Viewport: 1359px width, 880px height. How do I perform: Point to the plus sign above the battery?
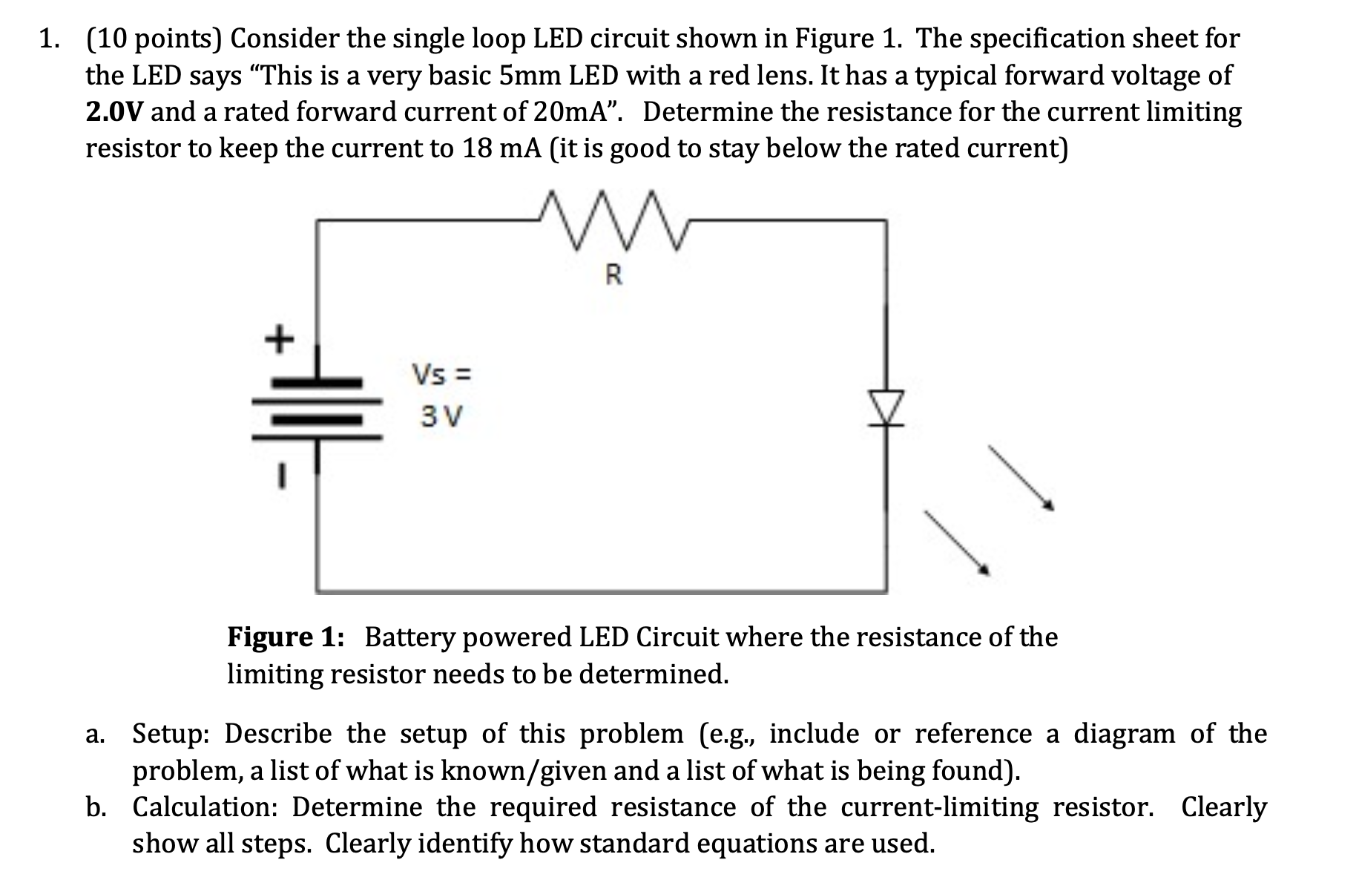click(x=279, y=341)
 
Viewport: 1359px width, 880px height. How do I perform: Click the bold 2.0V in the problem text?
click(x=115, y=112)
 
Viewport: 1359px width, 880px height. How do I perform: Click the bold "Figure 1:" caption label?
click(x=286, y=637)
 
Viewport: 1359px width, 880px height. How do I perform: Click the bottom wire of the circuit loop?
click(x=601, y=591)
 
